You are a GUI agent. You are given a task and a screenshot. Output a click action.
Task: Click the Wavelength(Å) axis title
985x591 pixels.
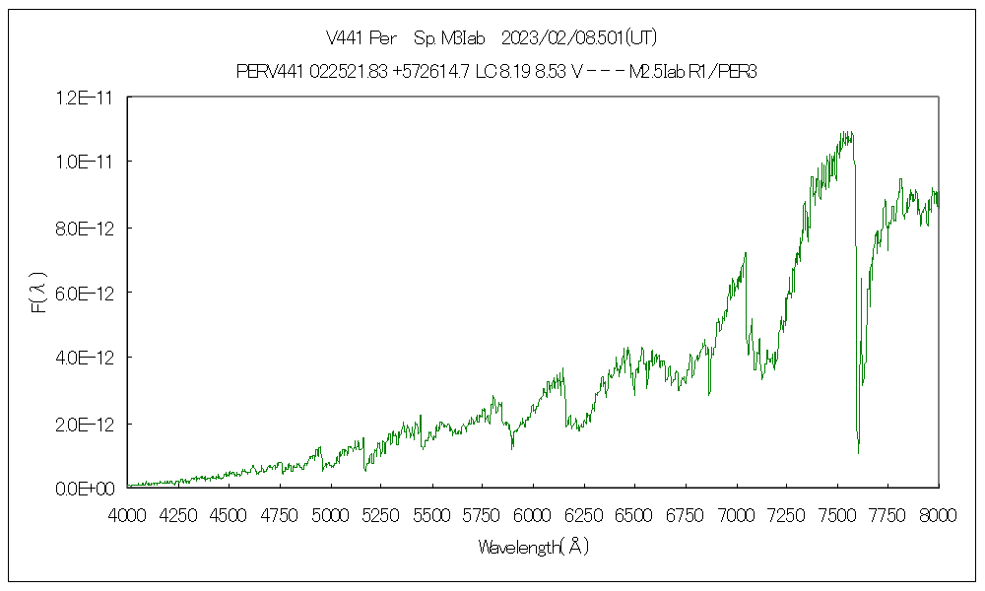[533, 547]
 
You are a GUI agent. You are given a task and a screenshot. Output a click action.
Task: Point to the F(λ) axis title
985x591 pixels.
[40, 293]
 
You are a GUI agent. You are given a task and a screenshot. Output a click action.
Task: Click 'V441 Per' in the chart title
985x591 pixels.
[361, 38]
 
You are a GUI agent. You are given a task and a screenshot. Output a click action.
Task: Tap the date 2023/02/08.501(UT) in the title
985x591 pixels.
[579, 38]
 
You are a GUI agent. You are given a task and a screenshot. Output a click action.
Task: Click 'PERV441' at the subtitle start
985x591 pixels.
[264, 71]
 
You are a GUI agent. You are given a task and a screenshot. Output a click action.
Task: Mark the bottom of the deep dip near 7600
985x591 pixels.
[858, 452]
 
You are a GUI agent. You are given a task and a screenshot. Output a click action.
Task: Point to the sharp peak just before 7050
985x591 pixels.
[746, 253]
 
